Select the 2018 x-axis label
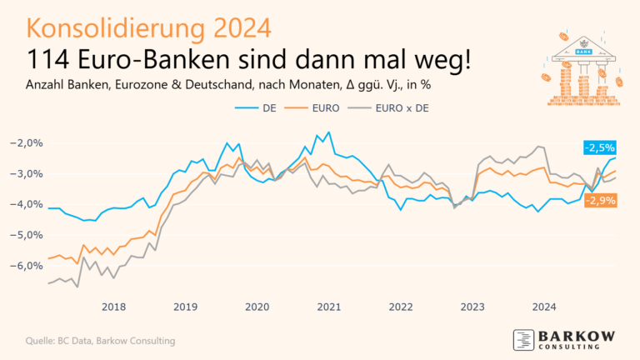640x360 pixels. [113, 306]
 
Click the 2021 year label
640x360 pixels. [328, 306]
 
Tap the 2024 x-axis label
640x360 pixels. [543, 306]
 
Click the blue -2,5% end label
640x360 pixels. [599, 147]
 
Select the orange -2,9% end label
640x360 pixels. [599, 201]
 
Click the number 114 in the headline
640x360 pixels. [54, 60]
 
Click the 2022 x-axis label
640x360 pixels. [400, 306]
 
